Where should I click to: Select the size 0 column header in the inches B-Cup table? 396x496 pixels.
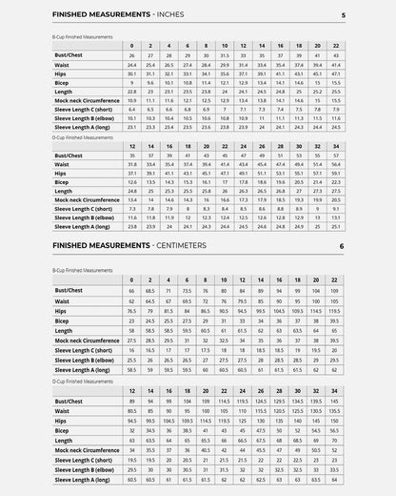click(x=131, y=46)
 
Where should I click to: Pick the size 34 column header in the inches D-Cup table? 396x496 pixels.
click(x=336, y=146)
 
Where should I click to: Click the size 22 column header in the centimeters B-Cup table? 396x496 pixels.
click(x=336, y=280)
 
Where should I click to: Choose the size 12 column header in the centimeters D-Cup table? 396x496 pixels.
click(x=131, y=391)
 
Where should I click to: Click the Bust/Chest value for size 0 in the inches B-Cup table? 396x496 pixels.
click(x=131, y=55)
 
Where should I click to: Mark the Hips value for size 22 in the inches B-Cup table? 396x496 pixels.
click(x=336, y=73)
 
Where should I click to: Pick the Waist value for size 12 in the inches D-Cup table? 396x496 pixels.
click(x=131, y=164)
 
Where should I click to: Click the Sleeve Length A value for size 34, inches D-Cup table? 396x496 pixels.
click(x=336, y=226)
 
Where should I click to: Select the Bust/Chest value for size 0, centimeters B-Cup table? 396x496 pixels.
click(x=131, y=290)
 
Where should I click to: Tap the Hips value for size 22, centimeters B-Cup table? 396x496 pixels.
click(x=336, y=310)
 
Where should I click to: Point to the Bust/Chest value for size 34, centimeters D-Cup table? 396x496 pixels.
click(x=336, y=402)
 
